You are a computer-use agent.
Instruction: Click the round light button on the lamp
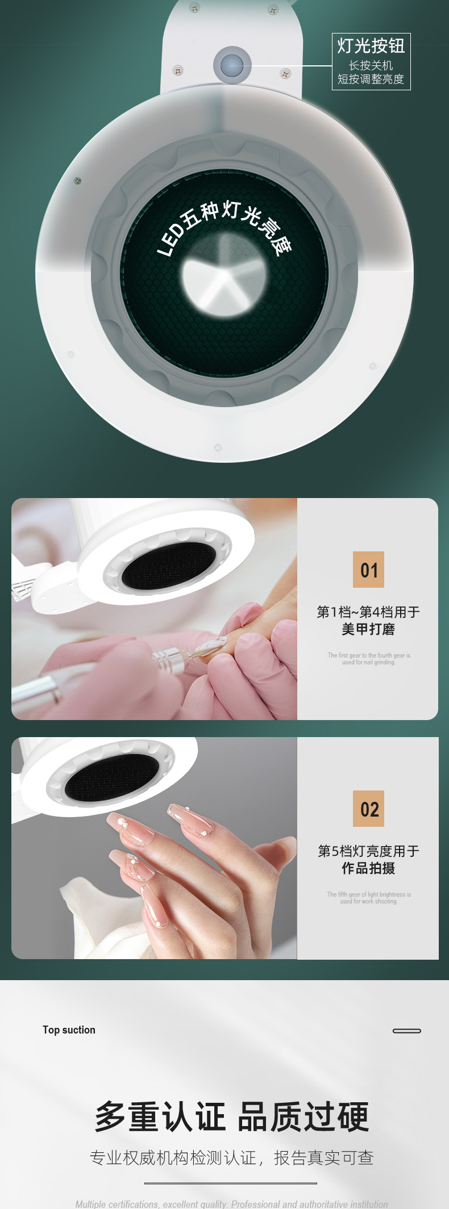coord(232,65)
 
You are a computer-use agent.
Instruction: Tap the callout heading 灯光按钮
coord(371,46)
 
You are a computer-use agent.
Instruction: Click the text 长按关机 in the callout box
coord(371,65)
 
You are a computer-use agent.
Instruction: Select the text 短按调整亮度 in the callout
coord(371,79)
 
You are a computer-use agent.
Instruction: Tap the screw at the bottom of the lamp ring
coord(218,447)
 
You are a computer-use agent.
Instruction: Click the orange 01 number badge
coord(368,570)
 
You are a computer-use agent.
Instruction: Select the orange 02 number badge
coord(368,809)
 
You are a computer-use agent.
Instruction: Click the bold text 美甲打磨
coord(368,629)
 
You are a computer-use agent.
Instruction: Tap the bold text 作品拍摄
coord(368,868)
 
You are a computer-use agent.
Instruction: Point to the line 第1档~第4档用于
coord(368,612)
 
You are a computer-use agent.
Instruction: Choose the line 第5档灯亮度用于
coord(368,851)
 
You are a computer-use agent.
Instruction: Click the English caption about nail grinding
coord(368,659)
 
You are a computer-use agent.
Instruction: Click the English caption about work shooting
coord(368,898)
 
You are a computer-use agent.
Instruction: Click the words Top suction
coord(69,1030)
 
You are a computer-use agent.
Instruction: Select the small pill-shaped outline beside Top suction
coord(407,1031)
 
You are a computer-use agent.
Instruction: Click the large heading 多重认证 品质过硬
coord(231,1116)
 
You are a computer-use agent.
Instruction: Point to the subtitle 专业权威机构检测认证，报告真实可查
coord(231,1158)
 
